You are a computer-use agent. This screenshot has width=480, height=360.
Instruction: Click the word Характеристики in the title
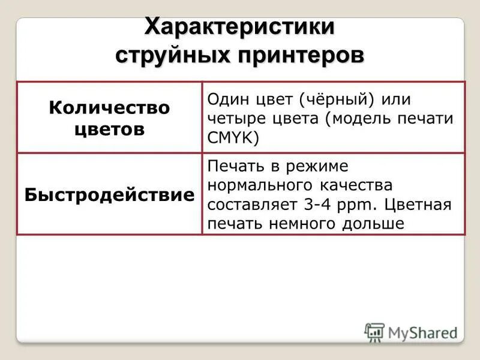tap(239, 28)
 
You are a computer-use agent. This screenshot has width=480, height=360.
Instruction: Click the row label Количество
tap(109, 108)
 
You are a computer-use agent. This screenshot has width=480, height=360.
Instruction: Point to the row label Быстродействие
tap(109, 195)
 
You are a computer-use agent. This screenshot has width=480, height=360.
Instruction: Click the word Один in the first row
tap(227, 98)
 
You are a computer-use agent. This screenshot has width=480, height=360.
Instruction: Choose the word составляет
tap(253, 205)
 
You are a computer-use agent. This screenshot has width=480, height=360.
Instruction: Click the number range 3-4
tap(316, 205)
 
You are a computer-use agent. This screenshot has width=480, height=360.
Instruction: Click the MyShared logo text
tap(420, 332)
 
